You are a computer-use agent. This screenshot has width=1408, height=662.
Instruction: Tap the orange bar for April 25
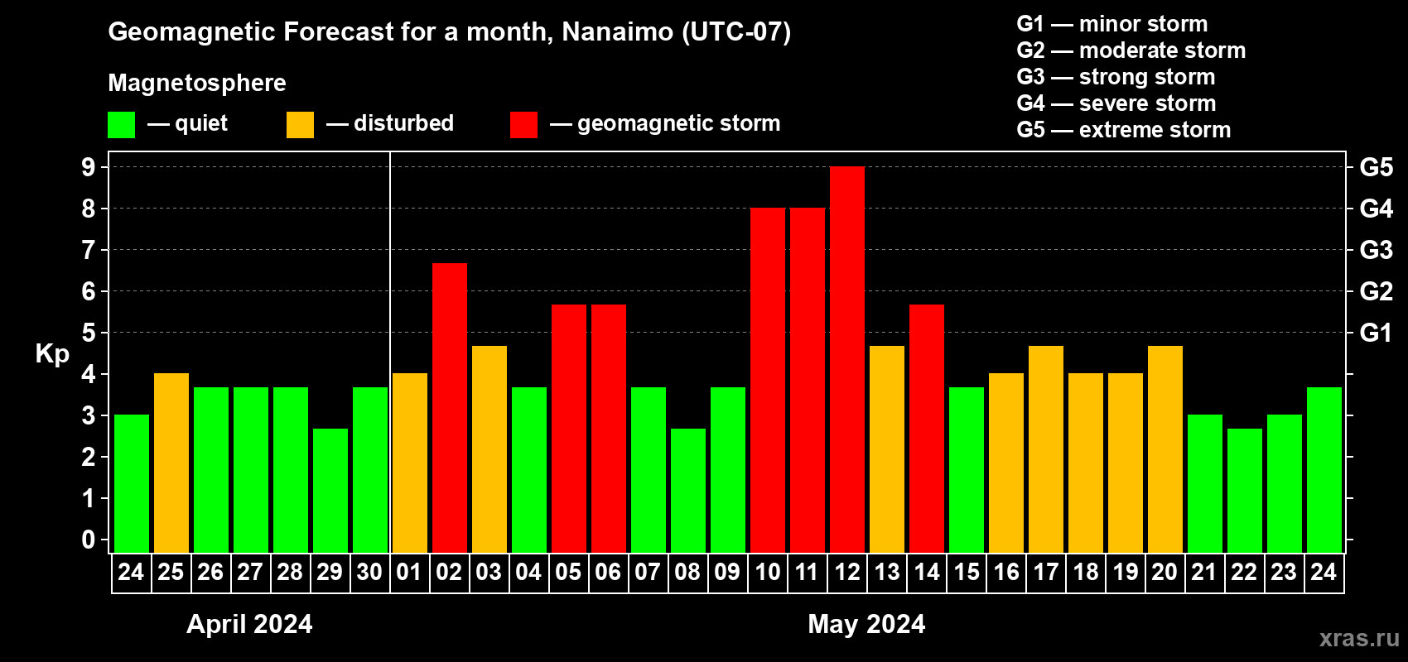click(171, 463)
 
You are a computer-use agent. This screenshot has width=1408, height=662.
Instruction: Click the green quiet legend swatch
click(122, 125)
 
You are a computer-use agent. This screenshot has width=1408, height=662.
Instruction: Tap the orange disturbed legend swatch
click(301, 125)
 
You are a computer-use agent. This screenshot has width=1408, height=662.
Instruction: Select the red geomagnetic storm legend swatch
click(523, 125)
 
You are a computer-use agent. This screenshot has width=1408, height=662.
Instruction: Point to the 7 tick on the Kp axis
click(89, 250)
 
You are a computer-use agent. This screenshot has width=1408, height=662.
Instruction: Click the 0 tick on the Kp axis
click(89, 540)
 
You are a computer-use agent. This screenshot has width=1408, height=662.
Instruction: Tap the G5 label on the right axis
click(1376, 167)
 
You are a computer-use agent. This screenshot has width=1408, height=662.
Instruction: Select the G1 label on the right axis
click(1376, 333)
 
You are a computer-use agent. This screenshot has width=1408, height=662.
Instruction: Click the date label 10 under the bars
click(768, 572)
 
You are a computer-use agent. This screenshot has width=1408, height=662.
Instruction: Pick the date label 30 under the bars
click(369, 572)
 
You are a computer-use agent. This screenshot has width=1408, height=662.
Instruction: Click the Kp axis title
click(52, 353)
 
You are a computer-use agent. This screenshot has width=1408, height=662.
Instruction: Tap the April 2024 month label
click(249, 624)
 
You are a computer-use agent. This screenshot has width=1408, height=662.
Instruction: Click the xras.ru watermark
click(1359, 638)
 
